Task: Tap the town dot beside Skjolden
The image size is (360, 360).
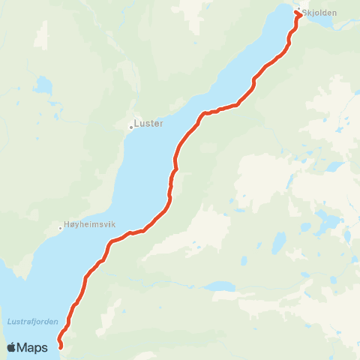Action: tap(298, 10)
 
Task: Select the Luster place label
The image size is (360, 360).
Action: tap(148, 124)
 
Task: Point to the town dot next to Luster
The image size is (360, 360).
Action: tap(131, 127)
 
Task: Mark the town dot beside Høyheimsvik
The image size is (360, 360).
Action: tap(61, 227)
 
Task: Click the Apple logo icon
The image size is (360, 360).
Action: tap(12, 347)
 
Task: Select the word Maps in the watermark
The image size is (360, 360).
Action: tap(33, 347)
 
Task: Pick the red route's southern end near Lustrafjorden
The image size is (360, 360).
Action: tap(60, 347)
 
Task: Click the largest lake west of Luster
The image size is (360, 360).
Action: tap(42, 85)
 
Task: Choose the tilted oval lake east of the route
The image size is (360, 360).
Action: tap(278, 242)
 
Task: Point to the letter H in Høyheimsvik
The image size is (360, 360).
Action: tap(68, 224)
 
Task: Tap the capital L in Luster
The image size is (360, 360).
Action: tap(136, 124)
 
